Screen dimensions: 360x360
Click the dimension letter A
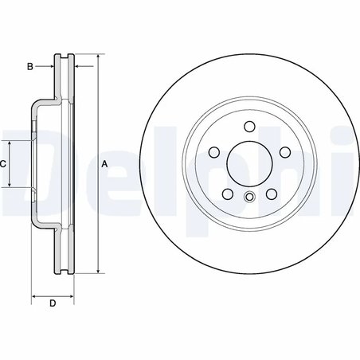click(104, 163)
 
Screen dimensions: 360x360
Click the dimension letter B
click(29, 67)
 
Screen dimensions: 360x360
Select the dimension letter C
click(4, 163)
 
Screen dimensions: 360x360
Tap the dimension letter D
click(53, 303)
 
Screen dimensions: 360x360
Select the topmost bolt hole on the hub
click(248, 126)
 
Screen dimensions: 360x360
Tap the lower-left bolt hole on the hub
click(226, 194)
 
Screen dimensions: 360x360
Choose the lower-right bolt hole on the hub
click(271, 194)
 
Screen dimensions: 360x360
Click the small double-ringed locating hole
click(248, 198)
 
